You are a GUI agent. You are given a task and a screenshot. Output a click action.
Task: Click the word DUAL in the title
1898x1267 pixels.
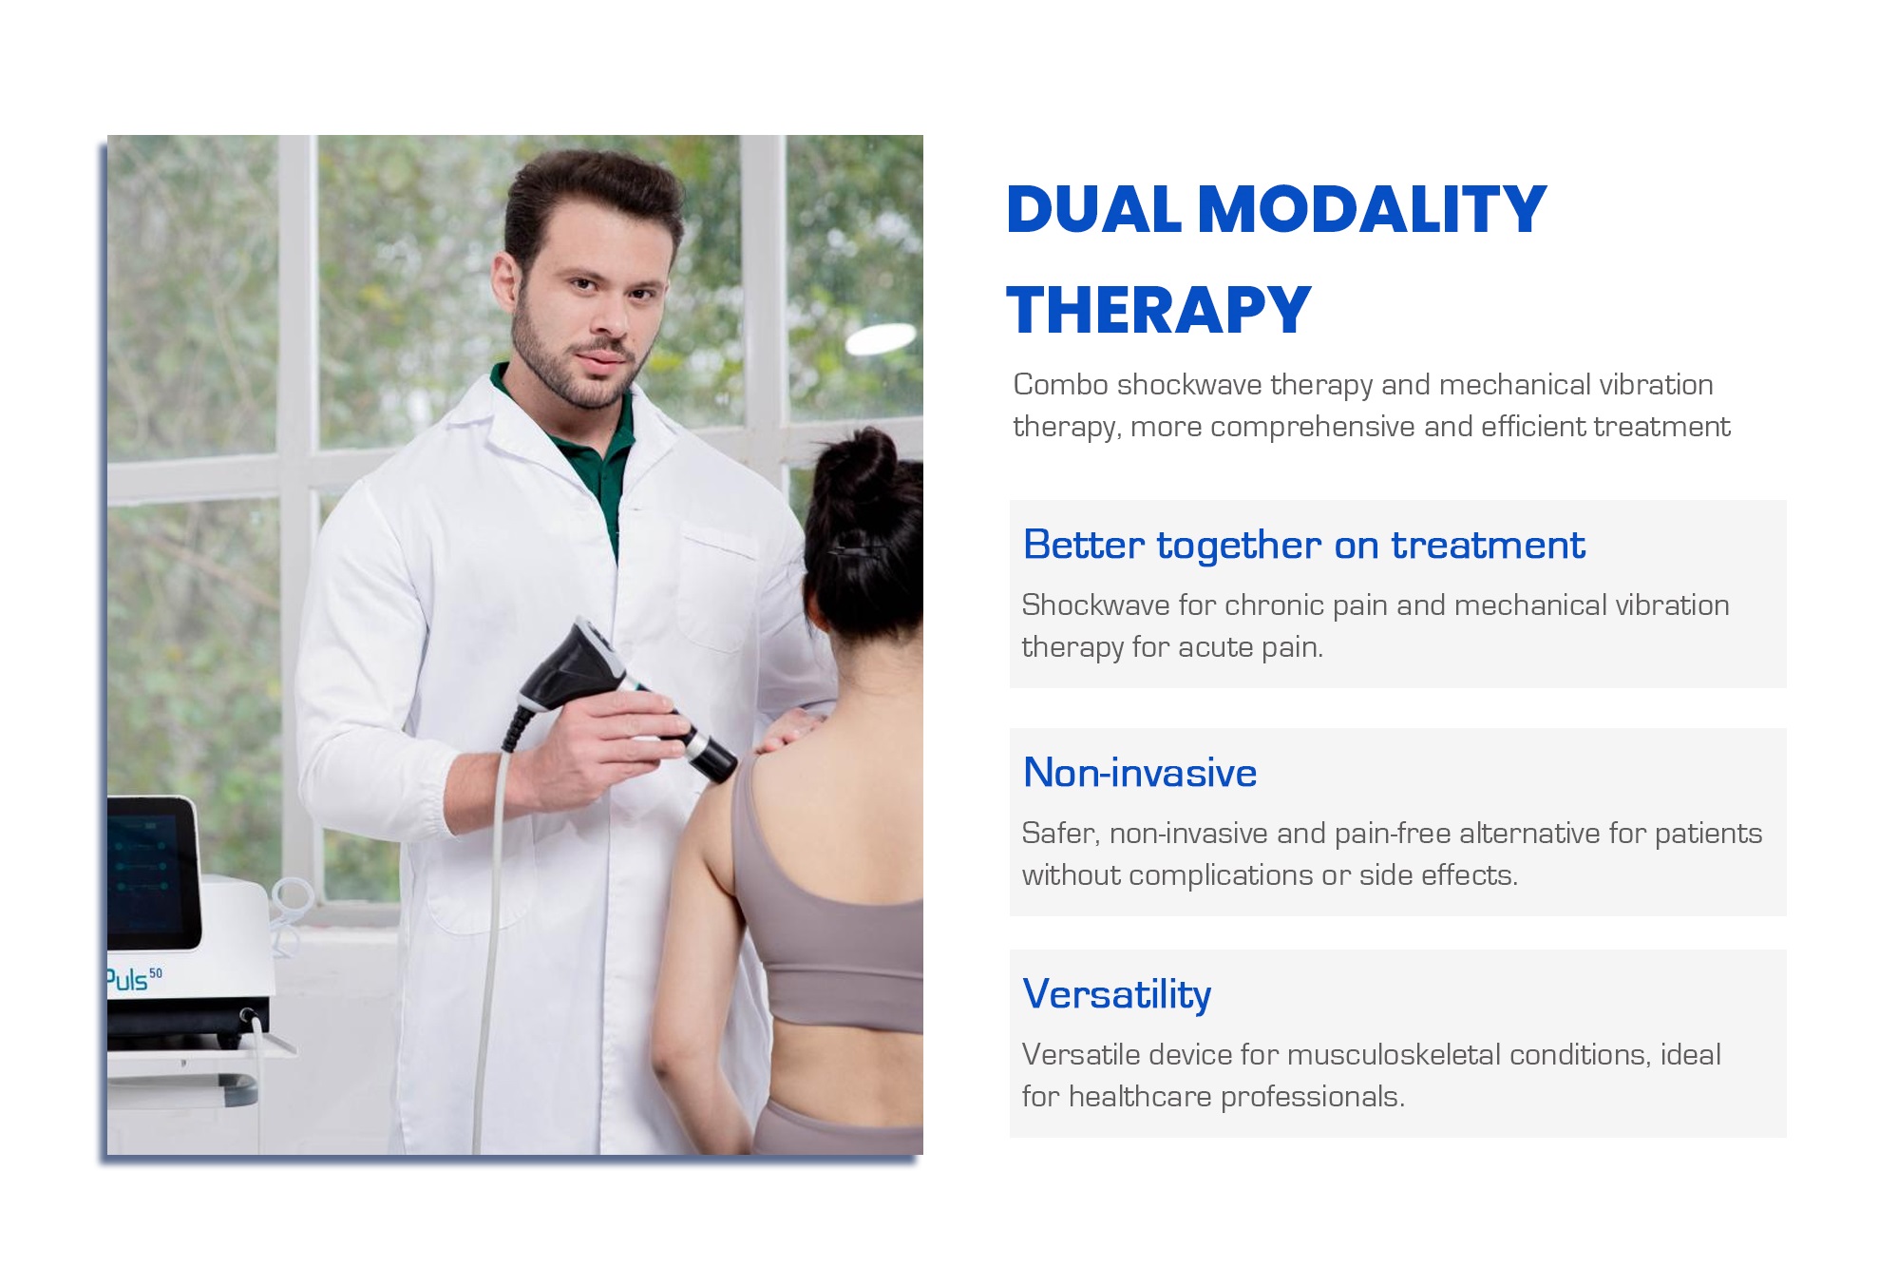pos(1093,209)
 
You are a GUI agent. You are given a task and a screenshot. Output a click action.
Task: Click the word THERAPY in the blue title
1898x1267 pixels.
pos(1158,310)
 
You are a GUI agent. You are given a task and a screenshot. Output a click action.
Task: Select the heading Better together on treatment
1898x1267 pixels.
pos(1303,545)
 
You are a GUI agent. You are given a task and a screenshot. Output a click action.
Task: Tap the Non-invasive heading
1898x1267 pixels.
pos(1140,773)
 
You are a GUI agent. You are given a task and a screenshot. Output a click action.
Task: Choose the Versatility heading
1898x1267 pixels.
pos(1117,995)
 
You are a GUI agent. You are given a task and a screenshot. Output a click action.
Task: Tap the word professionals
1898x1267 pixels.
pos(1313,1097)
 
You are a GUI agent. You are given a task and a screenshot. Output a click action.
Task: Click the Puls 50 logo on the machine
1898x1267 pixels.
pos(134,979)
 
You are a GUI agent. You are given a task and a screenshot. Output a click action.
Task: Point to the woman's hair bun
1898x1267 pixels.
pos(861,466)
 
